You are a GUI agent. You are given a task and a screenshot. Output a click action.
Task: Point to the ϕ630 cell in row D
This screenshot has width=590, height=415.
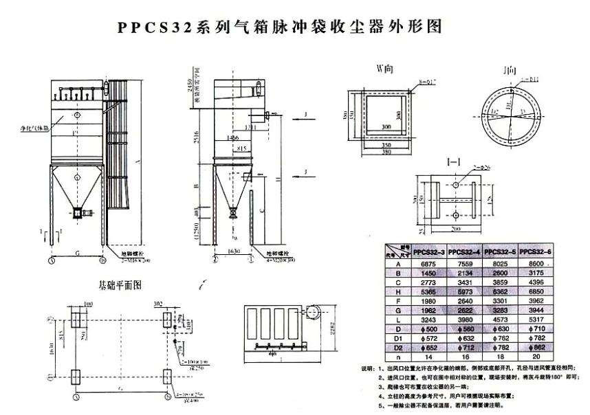tap(501, 329)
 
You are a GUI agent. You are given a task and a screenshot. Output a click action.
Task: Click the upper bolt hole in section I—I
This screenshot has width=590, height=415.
tap(457, 186)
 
